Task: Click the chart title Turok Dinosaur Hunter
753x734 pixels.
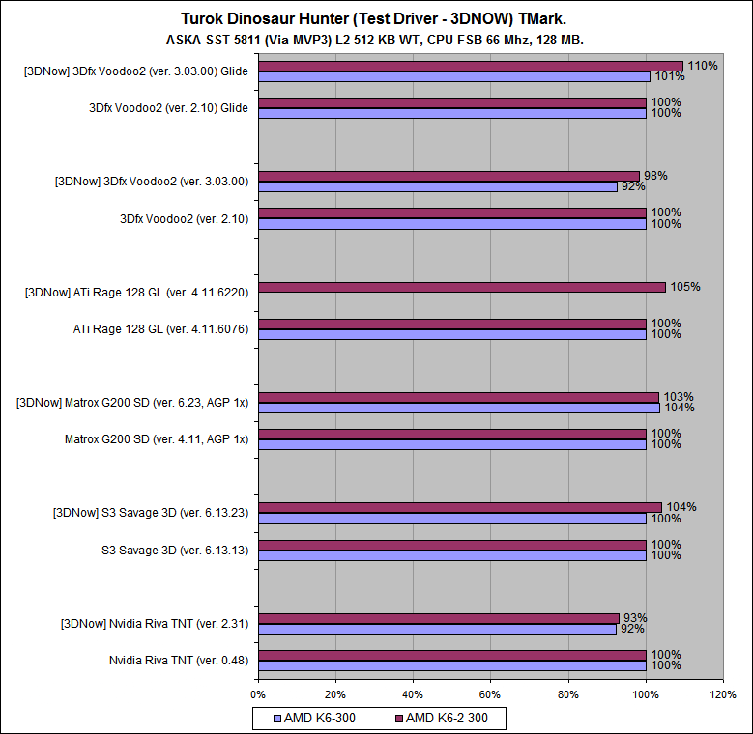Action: point(375,18)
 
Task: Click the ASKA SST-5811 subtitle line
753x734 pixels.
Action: point(375,40)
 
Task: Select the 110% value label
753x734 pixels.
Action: point(703,66)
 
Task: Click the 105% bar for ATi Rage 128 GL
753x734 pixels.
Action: point(462,287)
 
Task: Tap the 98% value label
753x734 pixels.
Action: point(655,176)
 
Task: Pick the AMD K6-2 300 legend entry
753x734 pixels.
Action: point(449,718)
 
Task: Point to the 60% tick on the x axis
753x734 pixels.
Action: point(490,693)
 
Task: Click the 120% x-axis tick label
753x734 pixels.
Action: point(722,693)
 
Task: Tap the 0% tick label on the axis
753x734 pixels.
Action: point(258,693)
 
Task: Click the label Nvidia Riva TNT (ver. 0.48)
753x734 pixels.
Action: point(179,661)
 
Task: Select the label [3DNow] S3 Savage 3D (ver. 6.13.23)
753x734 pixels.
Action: point(151,513)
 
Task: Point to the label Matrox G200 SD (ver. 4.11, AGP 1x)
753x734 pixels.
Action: point(157,439)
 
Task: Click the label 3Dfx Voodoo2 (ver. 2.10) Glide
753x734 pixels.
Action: point(169,108)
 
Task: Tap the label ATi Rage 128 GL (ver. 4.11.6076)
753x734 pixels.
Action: point(161,329)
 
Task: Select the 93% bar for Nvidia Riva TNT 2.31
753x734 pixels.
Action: point(439,618)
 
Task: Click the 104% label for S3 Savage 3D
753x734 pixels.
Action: point(681,507)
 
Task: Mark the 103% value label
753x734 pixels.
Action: point(679,397)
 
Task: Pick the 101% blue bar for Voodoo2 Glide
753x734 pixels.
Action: point(454,77)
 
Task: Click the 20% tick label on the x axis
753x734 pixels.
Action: point(335,693)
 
